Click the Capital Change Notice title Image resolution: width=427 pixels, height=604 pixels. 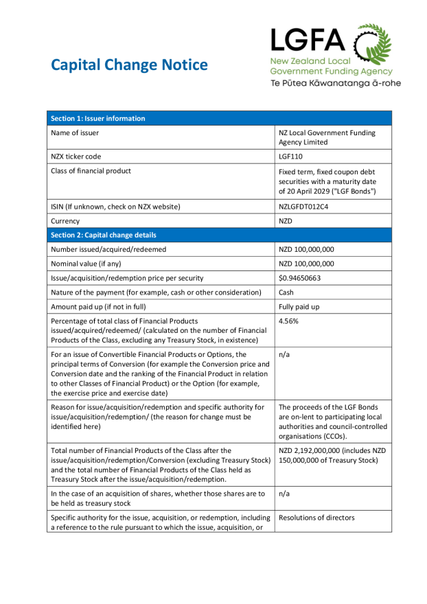tap(129, 65)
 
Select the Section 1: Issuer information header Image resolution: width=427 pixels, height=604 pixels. tap(97, 119)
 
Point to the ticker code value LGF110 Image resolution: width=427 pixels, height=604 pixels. tap(290, 156)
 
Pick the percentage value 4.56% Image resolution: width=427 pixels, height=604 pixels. tap(290, 321)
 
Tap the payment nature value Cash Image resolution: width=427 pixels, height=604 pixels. tap(287, 292)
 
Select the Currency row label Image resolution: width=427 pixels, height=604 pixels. tap(65, 221)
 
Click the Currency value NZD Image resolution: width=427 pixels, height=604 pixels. tap(286, 221)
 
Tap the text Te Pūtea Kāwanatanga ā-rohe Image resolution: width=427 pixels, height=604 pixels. tap(335, 83)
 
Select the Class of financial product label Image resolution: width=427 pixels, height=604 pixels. tap(91, 171)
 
